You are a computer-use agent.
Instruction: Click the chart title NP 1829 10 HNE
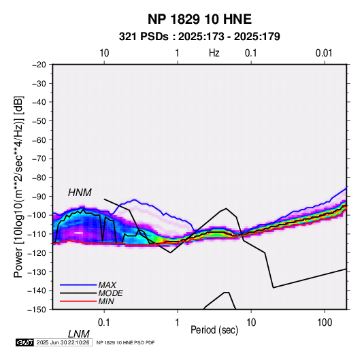(199, 19)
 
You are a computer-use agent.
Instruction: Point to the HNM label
(80, 193)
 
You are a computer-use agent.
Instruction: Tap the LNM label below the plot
(79, 334)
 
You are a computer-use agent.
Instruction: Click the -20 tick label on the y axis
(39, 65)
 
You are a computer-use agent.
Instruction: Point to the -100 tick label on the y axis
(37, 215)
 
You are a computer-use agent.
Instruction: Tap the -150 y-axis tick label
(37, 310)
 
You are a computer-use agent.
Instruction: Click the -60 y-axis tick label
(39, 140)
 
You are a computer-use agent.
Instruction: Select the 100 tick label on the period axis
(325, 323)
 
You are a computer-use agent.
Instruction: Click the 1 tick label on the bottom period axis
(178, 323)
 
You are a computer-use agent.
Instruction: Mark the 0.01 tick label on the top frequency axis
(324, 53)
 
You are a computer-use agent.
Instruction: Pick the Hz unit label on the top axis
(214, 53)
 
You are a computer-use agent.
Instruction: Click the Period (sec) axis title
(214, 330)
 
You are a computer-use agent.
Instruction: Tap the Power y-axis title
(18, 186)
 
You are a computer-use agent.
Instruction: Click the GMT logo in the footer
(25, 342)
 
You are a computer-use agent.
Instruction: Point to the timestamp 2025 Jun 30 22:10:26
(63, 342)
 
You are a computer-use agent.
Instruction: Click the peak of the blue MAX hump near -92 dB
(134, 200)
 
